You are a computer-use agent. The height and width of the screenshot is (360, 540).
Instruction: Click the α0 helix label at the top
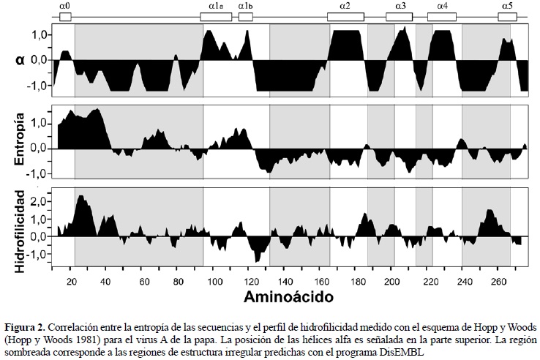pyautogui.click(x=64, y=5)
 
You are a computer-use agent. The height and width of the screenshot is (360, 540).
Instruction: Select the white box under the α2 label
pyautogui.click(x=345, y=16)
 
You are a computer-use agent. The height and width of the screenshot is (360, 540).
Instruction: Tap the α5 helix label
pyautogui.click(x=507, y=5)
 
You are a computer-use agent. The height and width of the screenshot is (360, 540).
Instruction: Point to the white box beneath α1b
pyautogui.click(x=245, y=16)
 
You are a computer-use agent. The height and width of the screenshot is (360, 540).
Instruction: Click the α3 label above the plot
pyautogui.click(x=401, y=5)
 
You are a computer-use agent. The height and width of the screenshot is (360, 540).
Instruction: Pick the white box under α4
pyautogui.click(x=443, y=16)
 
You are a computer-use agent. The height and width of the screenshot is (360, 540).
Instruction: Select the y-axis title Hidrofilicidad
pyautogui.click(x=22, y=231)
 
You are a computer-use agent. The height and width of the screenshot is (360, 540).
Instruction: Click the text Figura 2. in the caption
pyautogui.click(x=26, y=325)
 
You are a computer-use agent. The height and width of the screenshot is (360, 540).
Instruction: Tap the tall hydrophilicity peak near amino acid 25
pyautogui.click(x=80, y=198)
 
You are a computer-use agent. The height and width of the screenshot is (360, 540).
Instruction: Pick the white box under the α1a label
pyautogui.click(x=217, y=16)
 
